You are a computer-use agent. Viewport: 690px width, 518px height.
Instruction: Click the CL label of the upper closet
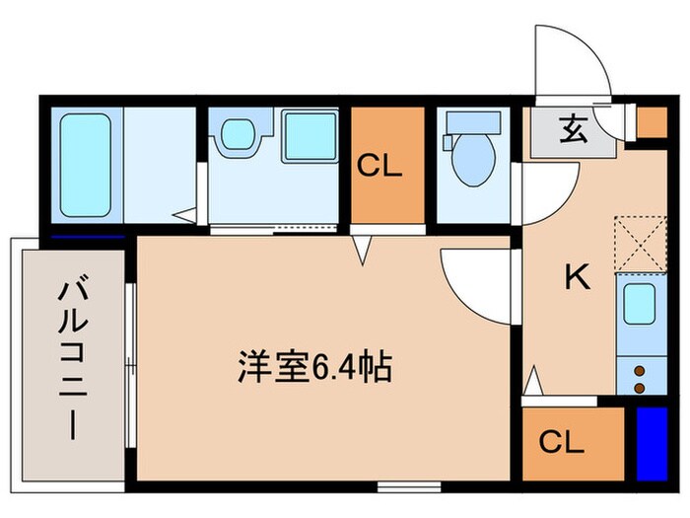point(379,165)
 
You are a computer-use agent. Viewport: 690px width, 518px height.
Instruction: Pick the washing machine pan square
point(310,135)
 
